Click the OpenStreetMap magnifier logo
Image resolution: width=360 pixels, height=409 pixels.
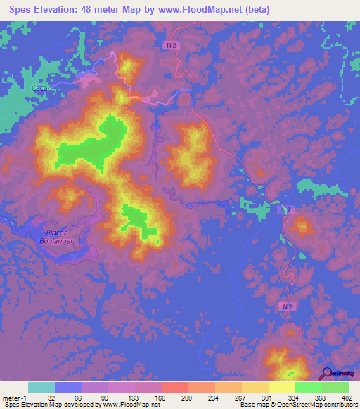[328, 374]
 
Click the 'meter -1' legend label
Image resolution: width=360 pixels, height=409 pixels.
[15, 397]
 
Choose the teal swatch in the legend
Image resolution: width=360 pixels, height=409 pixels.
[41, 387]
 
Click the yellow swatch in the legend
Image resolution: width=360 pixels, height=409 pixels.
[281, 387]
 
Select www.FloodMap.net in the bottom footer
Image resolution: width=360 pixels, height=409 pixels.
[130, 405]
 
